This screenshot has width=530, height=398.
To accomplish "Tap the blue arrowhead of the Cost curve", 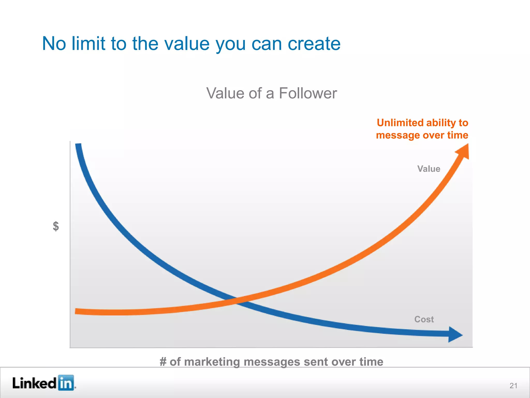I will tap(455, 335).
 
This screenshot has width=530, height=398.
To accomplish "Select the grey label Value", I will tap(429, 169).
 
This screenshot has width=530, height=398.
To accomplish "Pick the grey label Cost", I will tap(424, 319).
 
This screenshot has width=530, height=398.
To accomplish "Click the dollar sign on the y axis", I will tap(56, 226).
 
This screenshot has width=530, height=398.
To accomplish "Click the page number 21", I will tap(513, 386).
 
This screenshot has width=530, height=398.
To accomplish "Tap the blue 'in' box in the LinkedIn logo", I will tap(66, 383).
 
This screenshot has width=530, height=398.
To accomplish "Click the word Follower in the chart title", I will tap(308, 93).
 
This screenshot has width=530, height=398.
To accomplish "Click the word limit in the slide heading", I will tap(88, 44).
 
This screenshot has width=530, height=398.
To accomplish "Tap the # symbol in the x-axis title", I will tap(163, 362).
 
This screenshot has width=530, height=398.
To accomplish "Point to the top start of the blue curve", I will tap(78, 146).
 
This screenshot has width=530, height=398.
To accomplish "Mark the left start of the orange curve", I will tap(77, 311).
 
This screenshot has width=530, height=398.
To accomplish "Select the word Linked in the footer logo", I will tap(34, 383).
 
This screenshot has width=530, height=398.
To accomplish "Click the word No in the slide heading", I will tap(54, 44).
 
